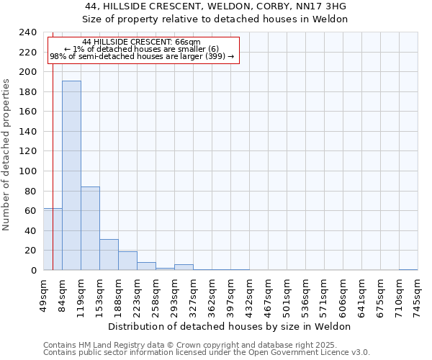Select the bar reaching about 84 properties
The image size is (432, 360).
[x=90, y=228]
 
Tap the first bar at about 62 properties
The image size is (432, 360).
[x=53, y=239]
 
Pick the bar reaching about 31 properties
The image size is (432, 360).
[x=109, y=254]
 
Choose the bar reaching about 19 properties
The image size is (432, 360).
[x=127, y=261]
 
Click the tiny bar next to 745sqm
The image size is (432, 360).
[x=408, y=269]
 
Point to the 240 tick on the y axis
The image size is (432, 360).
[x=28, y=33]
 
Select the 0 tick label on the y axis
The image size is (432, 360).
[x=34, y=271]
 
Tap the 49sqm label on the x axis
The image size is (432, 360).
[x=44, y=294]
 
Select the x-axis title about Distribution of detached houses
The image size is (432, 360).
[x=233, y=326]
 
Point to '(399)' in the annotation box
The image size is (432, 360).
[x=214, y=56]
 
